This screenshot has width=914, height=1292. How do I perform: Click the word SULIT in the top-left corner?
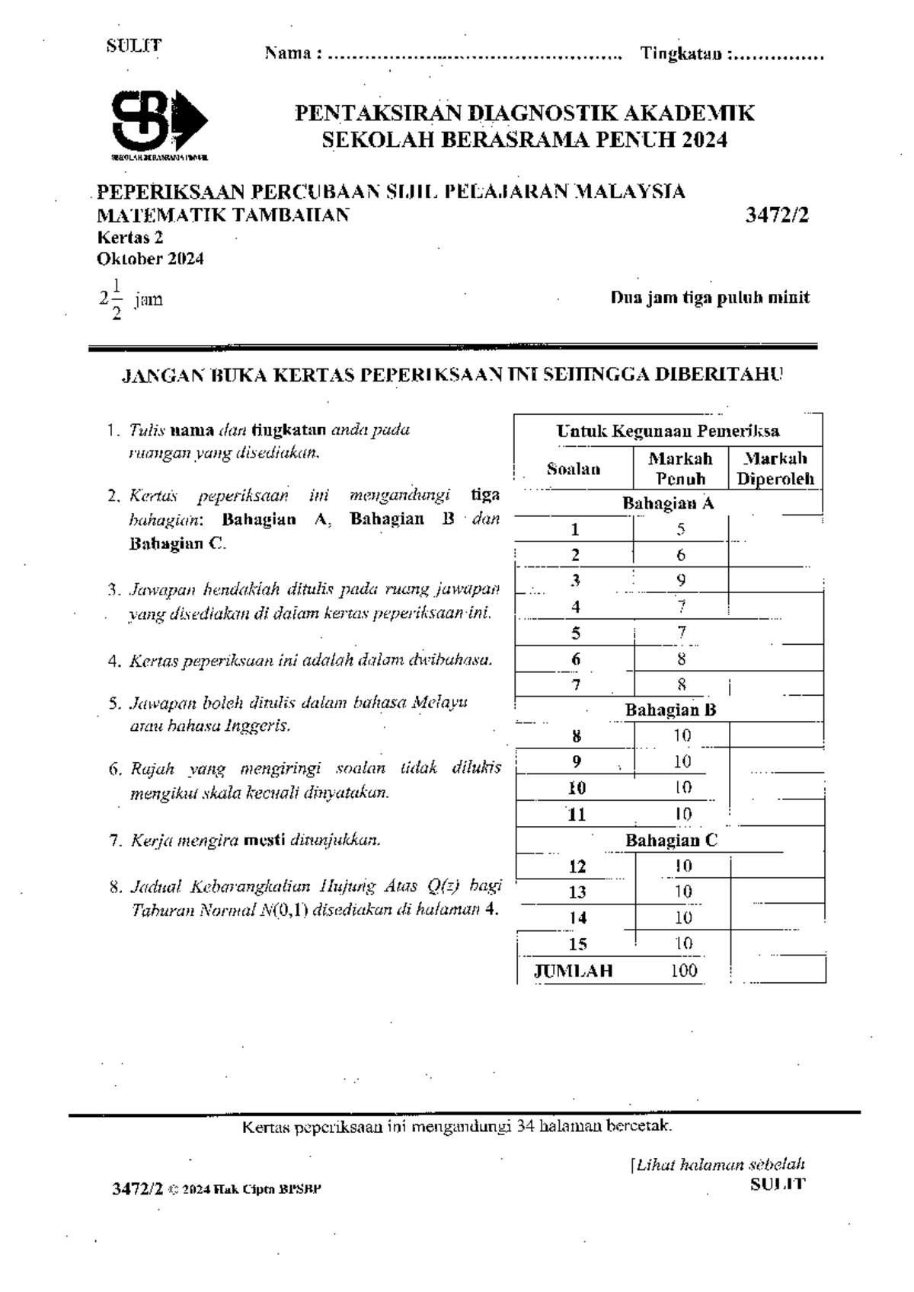(134, 45)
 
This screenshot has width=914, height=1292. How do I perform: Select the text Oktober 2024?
(150, 259)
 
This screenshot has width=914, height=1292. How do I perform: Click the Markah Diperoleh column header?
(775, 469)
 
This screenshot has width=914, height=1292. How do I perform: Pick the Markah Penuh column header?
(680, 469)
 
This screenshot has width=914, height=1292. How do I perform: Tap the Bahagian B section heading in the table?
(670, 710)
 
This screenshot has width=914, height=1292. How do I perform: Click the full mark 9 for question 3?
(681, 580)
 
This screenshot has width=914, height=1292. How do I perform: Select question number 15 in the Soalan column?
(577, 944)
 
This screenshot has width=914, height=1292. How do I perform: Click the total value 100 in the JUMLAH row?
(683, 971)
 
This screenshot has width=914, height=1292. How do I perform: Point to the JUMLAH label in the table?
(573, 971)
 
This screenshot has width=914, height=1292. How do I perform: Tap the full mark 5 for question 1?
(681, 529)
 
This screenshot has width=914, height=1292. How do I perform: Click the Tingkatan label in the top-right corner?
(681, 54)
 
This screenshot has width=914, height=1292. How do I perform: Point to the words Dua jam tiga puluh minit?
(709, 298)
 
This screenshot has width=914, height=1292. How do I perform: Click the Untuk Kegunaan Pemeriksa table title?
(668, 431)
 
